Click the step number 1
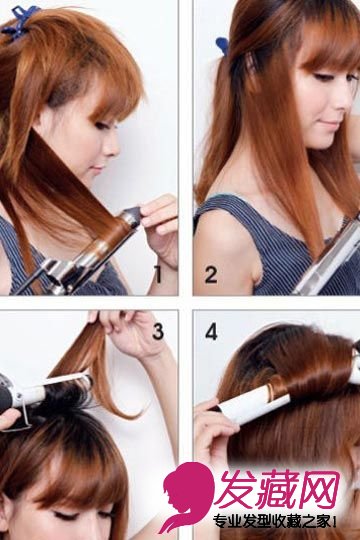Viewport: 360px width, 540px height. (x=158, y=274)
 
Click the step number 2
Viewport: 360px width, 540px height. (x=211, y=274)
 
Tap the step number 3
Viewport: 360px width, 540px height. (x=157, y=331)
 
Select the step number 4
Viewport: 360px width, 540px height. (x=211, y=331)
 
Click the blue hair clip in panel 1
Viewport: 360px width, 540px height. (x=19, y=22)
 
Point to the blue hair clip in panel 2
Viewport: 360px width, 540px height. (x=222, y=46)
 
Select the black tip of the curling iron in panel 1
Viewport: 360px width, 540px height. (x=134, y=214)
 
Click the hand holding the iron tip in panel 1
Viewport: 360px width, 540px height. (x=160, y=227)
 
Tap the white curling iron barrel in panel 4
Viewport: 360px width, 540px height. (x=257, y=406)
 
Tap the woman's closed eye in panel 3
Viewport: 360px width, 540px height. (x=67, y=516)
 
